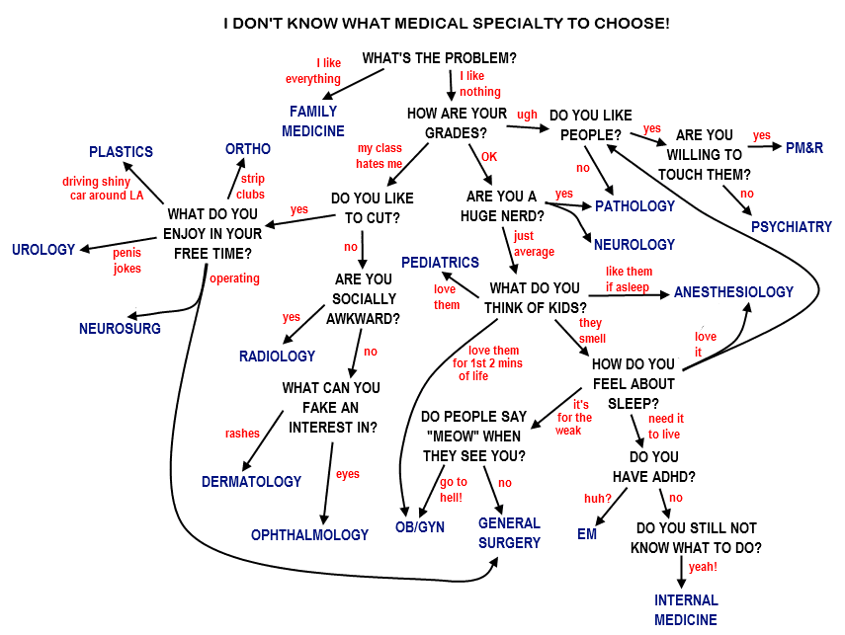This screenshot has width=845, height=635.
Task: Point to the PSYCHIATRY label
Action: point(791,226)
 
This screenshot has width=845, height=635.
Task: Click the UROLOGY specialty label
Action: point(43,250)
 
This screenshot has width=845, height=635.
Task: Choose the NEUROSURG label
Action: point(120,328)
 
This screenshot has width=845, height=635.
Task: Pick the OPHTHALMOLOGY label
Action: point(309,534)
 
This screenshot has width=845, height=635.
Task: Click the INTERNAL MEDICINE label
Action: point(686,609)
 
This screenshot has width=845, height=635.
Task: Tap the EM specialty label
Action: point(587,534)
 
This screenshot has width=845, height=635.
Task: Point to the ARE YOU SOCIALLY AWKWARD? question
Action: point(363,298)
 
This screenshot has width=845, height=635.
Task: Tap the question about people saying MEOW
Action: point(473,436)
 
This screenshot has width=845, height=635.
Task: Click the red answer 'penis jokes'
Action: point(127,260)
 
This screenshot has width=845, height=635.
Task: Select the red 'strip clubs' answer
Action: point(251,187)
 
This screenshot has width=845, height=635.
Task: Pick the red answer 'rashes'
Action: point(242,434)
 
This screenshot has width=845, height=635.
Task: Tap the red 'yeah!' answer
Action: point(703,567)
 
